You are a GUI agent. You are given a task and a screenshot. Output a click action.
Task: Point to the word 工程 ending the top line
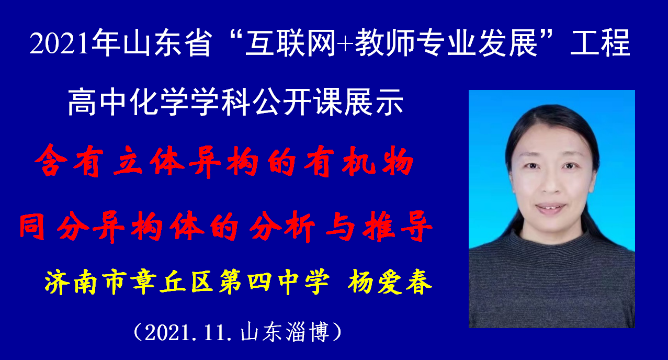(601, 43)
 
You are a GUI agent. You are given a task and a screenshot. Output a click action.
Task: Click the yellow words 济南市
(84, 282)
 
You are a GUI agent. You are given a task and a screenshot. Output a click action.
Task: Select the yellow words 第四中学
(274, 282)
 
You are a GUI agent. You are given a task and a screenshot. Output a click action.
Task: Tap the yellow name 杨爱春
(390, 282)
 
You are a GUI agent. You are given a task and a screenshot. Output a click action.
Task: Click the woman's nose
(550, 182)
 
